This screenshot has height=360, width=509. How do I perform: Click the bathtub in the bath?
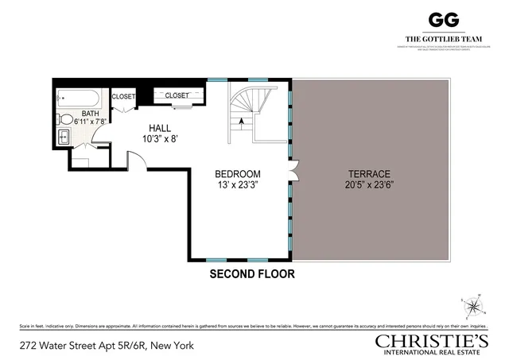79,99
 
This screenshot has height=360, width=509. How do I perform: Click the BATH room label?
91,114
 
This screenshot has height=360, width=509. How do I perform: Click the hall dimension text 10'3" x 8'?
160,138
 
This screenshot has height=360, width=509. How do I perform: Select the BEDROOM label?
239,174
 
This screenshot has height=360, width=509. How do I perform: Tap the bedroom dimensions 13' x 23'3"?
239,185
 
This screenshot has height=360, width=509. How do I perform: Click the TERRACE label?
368,174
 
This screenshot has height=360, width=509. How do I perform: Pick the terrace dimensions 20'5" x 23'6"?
368,185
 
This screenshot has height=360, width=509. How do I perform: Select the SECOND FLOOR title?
252,274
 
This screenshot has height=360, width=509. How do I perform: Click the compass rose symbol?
474,304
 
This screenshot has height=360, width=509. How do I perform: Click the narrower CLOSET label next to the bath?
123,97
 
